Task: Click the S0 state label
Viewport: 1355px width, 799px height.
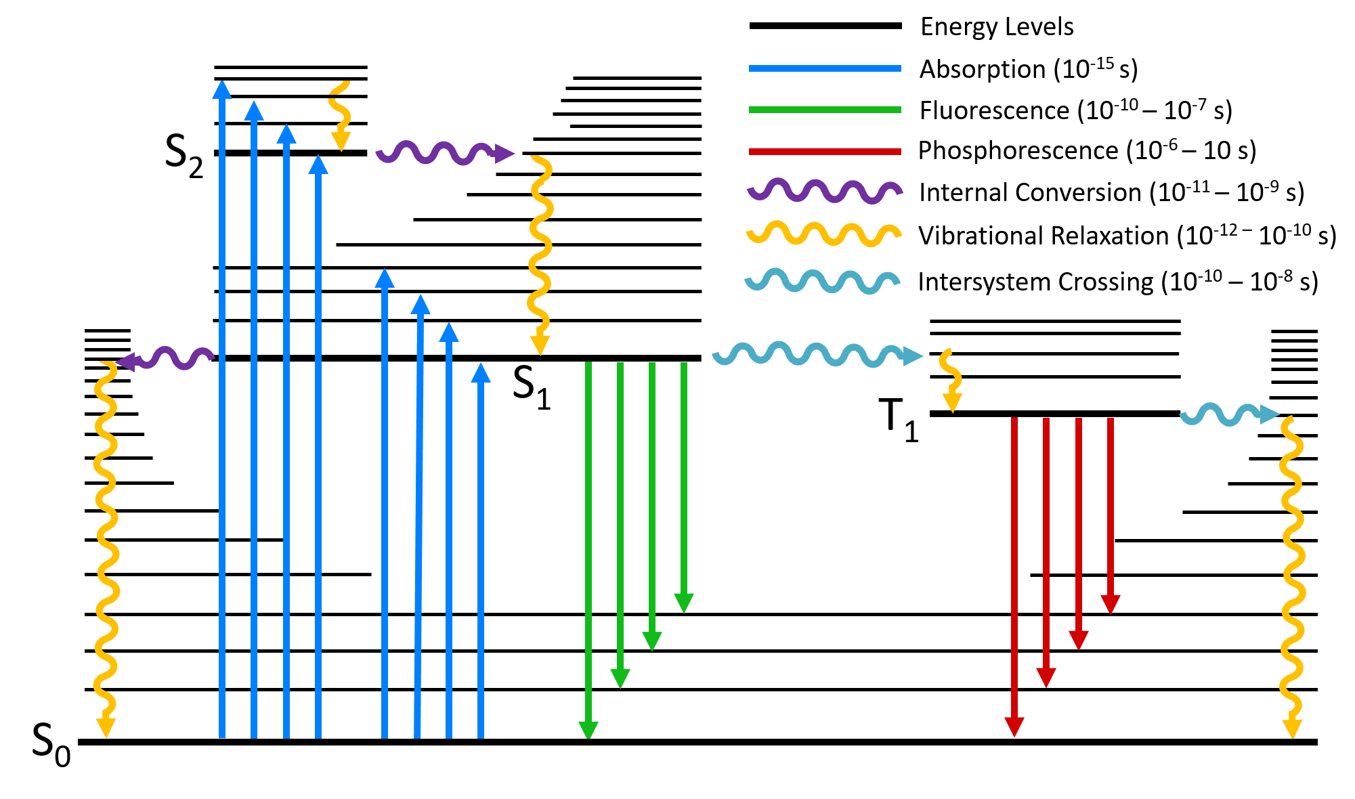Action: tap(51, 743)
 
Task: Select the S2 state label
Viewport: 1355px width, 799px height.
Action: tap(184, 155)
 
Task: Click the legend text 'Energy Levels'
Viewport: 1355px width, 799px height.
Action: tap(997, 27)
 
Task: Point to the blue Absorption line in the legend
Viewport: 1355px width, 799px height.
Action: tap(825, 68)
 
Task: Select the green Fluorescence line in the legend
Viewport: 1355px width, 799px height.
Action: tap(825, 110)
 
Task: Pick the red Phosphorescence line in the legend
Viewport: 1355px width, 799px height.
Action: tap(825, 151)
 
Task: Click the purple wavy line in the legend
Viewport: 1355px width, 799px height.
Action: tap(825, 192)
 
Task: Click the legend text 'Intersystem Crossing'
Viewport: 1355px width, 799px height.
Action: tap(1035, 282)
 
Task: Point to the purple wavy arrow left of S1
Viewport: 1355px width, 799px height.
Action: tap(166, 358)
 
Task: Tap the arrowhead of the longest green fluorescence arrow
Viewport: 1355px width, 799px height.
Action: tap(588, 730)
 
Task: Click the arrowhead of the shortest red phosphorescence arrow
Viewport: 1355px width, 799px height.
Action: tap(1111, 603)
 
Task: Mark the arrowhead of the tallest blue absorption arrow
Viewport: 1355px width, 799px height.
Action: tap(222, 89)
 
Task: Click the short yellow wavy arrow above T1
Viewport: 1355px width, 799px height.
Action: tap(951, 379)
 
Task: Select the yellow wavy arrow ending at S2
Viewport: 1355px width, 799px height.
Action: tap(339, 115)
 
